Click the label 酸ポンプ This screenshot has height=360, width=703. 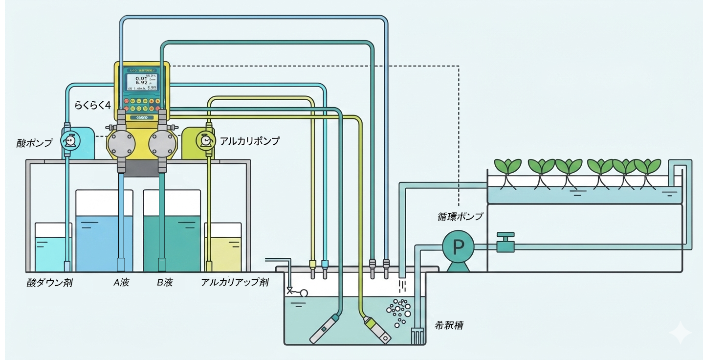tap(34, 143)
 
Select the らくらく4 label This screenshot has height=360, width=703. tap(92, 105)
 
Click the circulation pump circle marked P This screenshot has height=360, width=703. tap(458, 247)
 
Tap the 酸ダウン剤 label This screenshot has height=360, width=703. tap(49, 283)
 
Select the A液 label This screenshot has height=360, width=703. tap(120, 283)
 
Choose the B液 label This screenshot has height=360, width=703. tap(164, 283)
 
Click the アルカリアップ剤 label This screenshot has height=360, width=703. tap(235, 283)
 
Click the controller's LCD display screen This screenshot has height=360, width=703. tap(141, 82)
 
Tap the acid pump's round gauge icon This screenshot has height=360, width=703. tap(70, 141)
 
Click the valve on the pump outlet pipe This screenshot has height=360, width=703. tap(505, 243)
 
